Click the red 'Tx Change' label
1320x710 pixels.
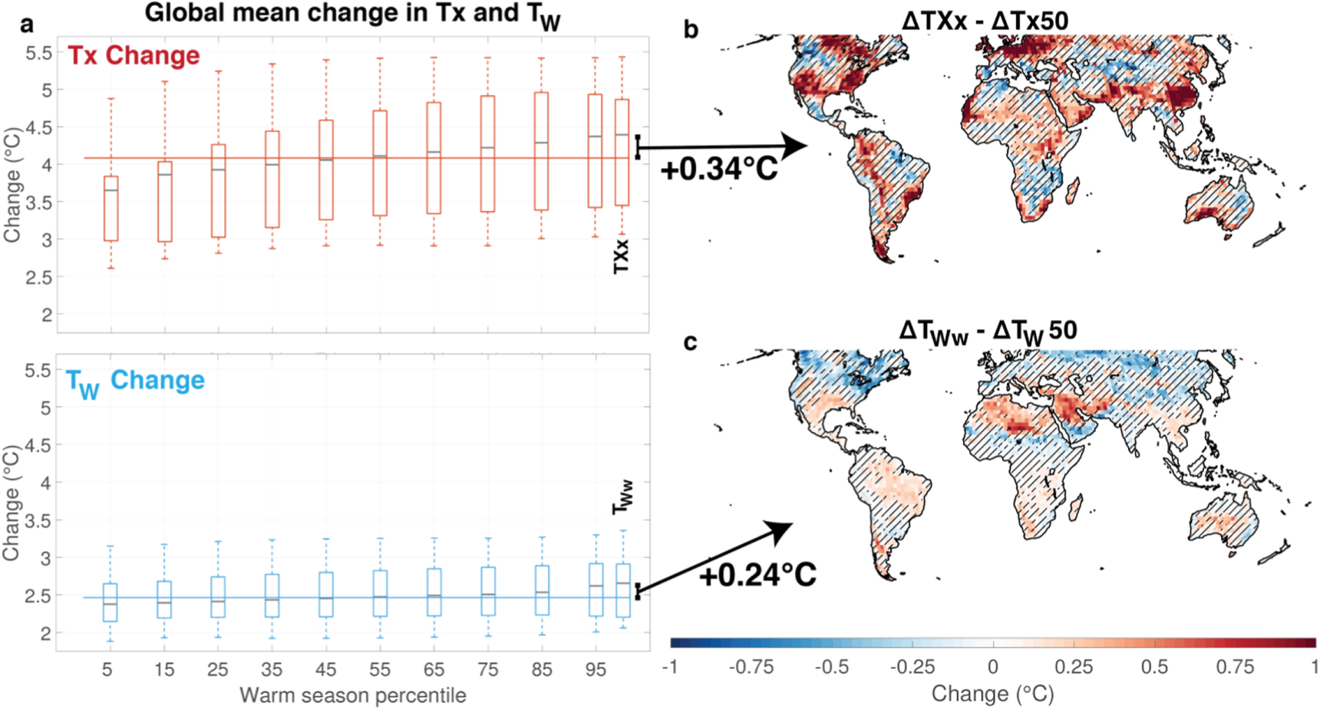point(134,55)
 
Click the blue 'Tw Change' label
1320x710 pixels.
point(135,381)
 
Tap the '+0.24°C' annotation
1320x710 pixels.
point(757,574)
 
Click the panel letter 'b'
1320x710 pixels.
point(691,30)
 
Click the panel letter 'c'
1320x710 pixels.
point(690,342)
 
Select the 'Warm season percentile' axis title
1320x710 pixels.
point(352,695)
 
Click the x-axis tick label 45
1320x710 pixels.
point(325,670)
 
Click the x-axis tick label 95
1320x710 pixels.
point(596,670)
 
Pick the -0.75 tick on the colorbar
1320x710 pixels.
point(751,667)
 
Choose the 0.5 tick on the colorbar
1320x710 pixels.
point(1153,667)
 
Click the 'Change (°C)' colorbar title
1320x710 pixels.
point(992,694)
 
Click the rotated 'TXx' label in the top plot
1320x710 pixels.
point(621,256)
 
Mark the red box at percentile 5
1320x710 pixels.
point(111,209)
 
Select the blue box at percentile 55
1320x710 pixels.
point(380,593)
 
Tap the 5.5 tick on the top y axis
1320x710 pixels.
point(38,53)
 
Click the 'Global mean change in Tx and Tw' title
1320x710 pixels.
point(352,14)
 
